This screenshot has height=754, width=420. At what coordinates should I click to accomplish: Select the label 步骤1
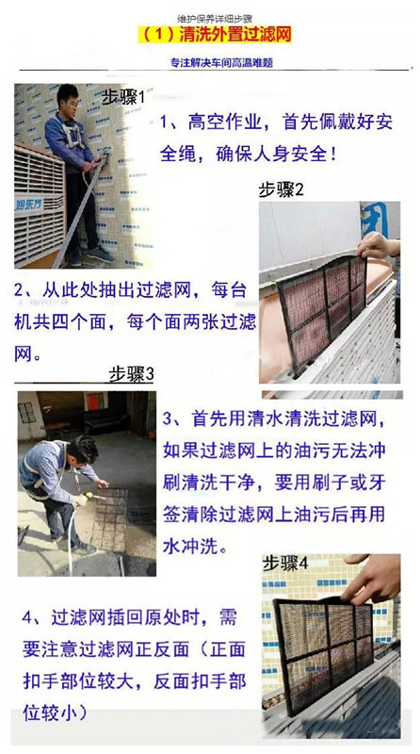point(123,98)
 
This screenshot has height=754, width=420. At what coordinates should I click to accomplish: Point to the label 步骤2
point(282,190)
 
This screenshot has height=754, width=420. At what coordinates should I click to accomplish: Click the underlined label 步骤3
point(131,374)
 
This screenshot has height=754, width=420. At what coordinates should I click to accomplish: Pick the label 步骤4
point(285,564)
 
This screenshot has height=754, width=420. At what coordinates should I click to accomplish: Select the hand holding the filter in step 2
point(380,245)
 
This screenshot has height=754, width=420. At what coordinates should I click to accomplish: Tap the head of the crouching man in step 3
point(82,451)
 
